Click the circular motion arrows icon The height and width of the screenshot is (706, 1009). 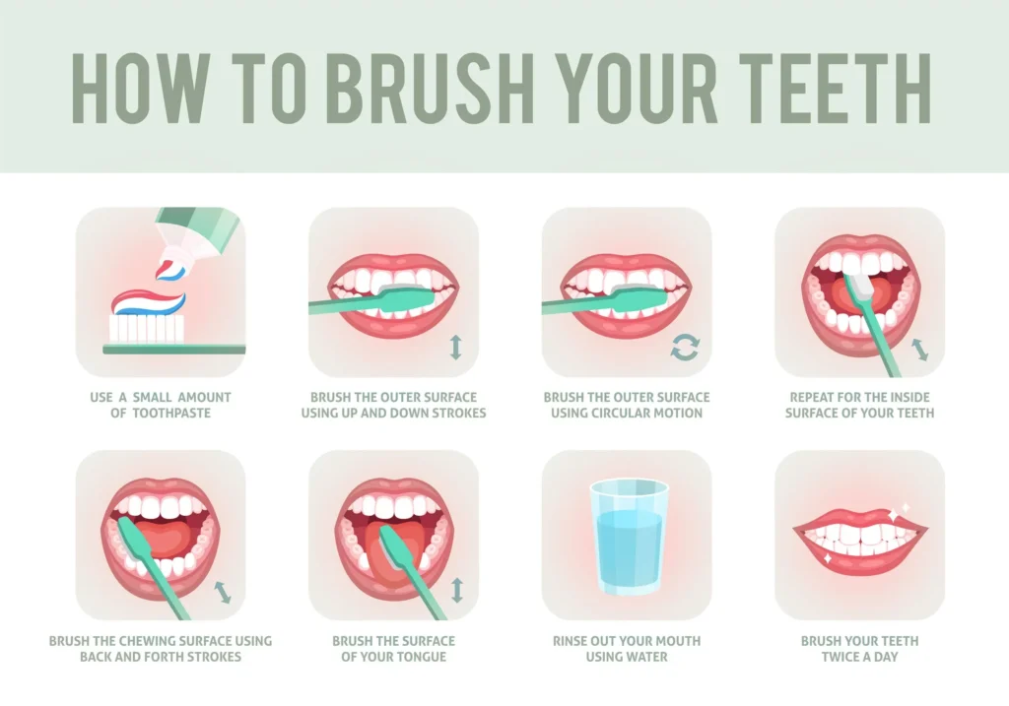click(685, 348)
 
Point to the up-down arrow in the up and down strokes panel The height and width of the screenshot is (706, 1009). click(454, 348)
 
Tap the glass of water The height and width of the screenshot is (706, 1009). click(627, 537)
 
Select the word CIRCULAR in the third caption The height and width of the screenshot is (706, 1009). click(625, 414)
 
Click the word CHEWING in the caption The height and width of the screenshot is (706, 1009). click(153, 641)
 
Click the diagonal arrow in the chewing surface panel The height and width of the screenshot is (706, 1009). click(224, 591)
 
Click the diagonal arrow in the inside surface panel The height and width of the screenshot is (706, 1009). click(918, 350)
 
